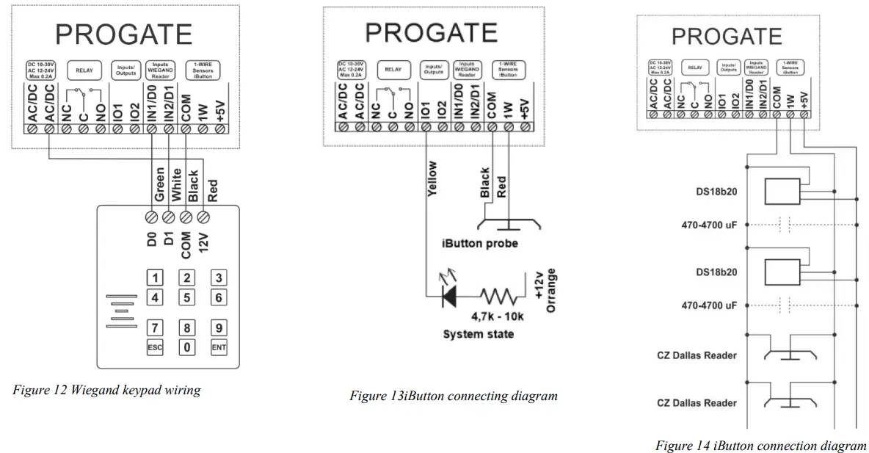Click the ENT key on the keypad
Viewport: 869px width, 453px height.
point(219,347)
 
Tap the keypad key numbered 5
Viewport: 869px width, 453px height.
point(187,297)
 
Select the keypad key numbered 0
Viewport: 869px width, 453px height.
point(187,347)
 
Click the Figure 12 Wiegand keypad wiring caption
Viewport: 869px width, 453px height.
point(106,390)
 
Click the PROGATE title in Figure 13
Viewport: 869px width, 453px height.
point(431,32)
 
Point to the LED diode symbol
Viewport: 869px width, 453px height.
point(447,296)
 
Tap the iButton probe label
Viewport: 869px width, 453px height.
point(479,244)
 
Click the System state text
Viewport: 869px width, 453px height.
point(478,334)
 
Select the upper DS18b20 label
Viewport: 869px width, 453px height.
point(716,192)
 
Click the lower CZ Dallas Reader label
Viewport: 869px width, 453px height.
point(697,402)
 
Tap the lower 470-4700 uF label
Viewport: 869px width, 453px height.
point(709,305)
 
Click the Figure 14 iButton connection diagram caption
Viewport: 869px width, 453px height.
point(760,446)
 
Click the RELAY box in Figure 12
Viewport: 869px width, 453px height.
point(85,70)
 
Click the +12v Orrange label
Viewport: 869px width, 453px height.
point(545,290)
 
